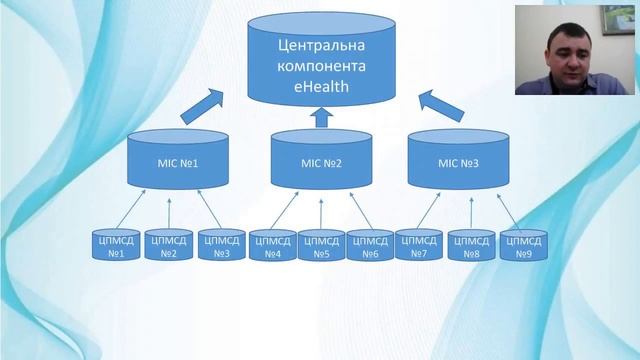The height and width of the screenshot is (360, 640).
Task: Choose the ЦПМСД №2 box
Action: click(x=169, y=246)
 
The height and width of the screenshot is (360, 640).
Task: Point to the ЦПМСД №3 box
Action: click(x=222, y=246)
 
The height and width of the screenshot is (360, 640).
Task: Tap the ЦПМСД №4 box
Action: click(x=273, y=246)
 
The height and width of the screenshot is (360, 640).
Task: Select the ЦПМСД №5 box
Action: click(x=321, y=246)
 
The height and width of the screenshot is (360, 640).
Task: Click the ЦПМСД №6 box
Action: click(x=370, y=246)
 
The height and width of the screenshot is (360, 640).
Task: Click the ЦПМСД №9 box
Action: click(x=523, y=246)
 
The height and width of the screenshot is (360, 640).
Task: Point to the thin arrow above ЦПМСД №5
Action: click(x=321, y=211)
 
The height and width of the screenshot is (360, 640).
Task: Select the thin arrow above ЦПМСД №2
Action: click(x=169, y=211)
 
